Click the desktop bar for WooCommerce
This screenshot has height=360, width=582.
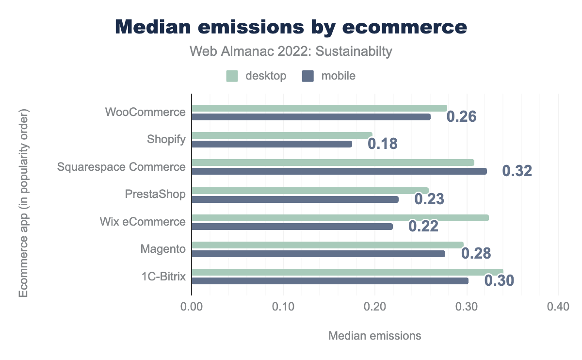[x=319, y=108]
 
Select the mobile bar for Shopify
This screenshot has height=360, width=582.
[x=272, y=144]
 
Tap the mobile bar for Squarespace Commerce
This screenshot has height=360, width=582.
[x=339, y=171]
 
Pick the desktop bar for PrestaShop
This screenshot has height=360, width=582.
[x=310, y=190]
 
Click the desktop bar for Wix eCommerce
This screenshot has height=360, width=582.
[x=340, y=218]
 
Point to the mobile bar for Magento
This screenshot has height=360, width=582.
[x=318, y=254]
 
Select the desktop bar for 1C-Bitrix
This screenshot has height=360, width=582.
[x=347, y=272]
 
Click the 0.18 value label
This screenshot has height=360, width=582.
[x=383, y=144]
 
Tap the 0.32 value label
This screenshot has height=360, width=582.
[x=517, y=171]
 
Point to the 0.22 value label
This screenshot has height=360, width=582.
[x=423, y=226]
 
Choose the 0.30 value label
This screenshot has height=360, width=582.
[x=499, y=281]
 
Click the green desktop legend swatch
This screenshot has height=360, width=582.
[x=232, y=76]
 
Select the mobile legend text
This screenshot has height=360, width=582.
[x=339, y=76]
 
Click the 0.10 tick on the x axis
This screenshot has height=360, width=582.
[x=283, y=307]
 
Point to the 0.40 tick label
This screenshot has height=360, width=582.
[x=558, y=307]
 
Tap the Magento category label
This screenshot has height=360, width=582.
[x=163, y=249]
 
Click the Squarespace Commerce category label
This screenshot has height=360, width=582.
[x=121, y=167]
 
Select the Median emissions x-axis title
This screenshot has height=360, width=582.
[x=374, y=335]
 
